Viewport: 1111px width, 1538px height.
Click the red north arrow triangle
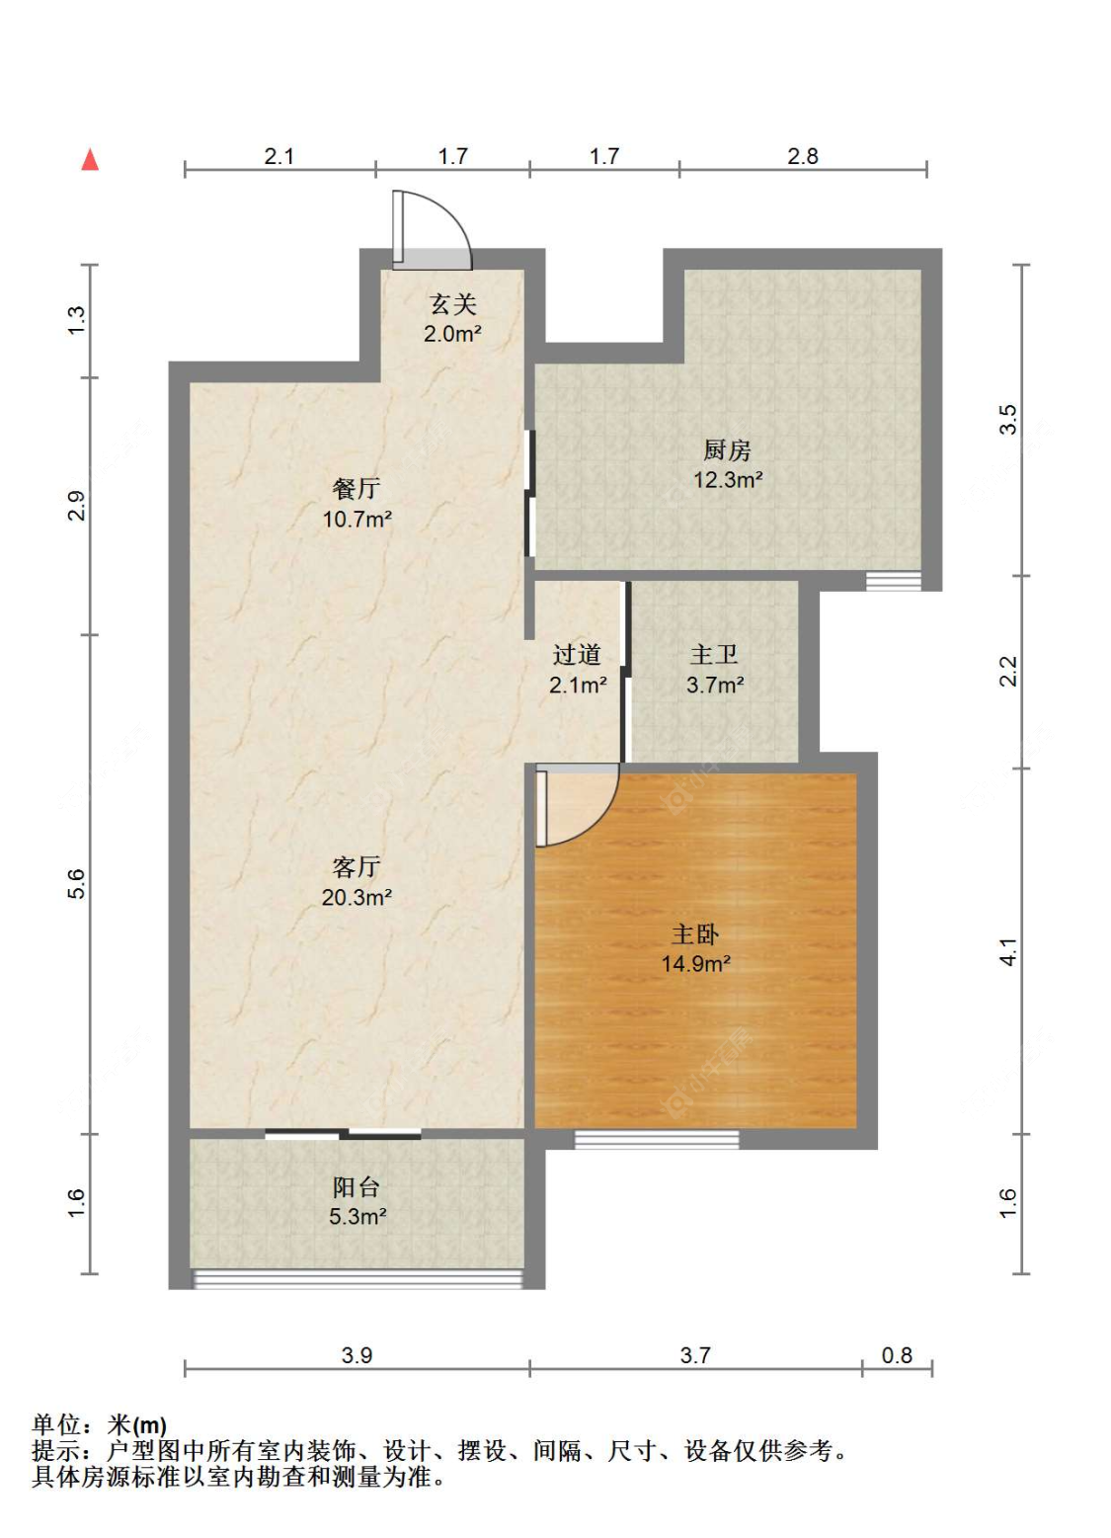(90, 160)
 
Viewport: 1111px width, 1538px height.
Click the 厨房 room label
(727, 450)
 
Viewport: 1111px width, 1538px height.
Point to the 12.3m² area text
(727, 480)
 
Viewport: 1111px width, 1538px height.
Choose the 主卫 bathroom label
(714, 654)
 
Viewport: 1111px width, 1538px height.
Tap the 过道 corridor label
(577, 654)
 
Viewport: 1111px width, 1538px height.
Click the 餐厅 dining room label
(357, 488)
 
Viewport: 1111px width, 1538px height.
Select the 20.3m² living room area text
(357, 897)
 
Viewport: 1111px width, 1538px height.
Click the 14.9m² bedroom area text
(695, 964)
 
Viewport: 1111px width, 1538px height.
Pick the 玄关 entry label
(452, 304)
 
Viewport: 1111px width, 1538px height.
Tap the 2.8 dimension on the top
(803, 156)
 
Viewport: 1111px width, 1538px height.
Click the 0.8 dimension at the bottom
(897, 1355)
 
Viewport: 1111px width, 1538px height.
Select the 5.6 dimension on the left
(76, 884)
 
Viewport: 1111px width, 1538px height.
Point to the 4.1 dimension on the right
(1008, 951)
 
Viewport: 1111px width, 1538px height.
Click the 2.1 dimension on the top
(279, 156)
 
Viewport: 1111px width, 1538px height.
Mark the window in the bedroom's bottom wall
(657, 1140)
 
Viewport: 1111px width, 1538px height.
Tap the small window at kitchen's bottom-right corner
(894, 581)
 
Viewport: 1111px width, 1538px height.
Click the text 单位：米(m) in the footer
(100, 1426)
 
